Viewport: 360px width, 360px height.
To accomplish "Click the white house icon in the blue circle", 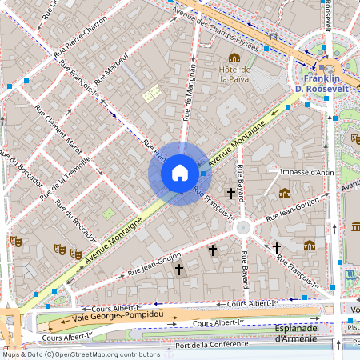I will pos(179,173).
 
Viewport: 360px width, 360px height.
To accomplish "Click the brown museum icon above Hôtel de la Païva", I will pos(234,58).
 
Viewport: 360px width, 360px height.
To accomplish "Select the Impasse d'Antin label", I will pos(308,171).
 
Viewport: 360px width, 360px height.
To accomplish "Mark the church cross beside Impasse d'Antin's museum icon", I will pos(232,193).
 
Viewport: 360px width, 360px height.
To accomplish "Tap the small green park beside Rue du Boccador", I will pos(108,214).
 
